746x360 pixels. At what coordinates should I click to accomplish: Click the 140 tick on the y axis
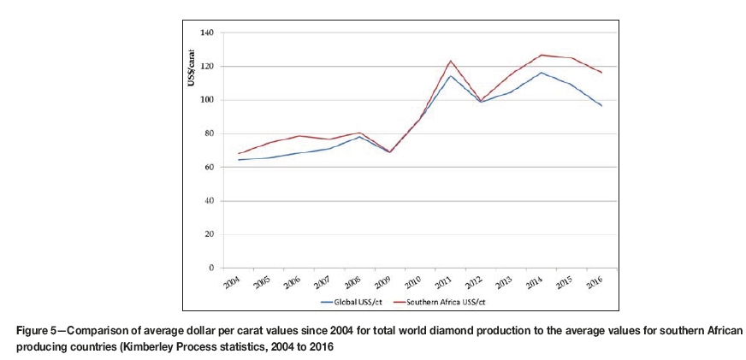(206, 32)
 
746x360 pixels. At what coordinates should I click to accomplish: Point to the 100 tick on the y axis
(206, 100)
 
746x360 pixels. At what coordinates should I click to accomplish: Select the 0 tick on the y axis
(210, 268)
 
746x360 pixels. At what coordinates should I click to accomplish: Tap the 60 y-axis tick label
(208, 168)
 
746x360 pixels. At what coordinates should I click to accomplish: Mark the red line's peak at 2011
(450, 61)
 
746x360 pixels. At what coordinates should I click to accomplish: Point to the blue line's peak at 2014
(541, 73)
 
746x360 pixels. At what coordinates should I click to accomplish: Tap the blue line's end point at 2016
(602, 106)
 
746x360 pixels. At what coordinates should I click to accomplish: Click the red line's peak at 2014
(541, 55)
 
